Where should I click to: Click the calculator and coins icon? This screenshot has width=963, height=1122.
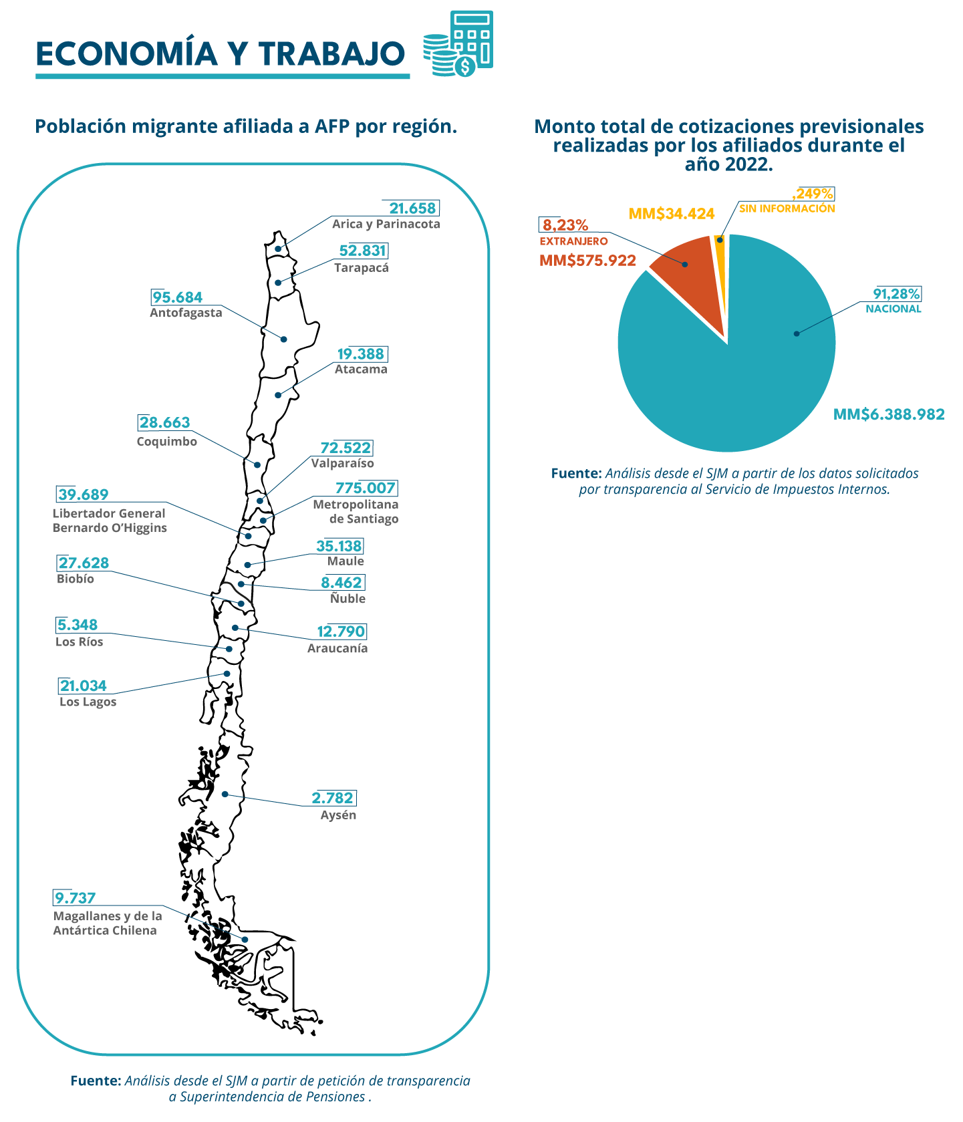(x=458, y=43)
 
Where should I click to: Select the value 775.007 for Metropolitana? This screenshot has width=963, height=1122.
(x=365, y=488)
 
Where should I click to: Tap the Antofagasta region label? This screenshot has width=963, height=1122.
(x=186, y=313)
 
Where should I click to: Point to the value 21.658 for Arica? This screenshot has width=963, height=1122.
(x=412, y=208)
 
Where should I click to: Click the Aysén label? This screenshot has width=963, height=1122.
(x=338, y=815)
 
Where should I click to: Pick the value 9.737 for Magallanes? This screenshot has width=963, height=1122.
(x=76, y=898)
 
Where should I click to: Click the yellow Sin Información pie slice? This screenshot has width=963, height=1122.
(x=720, y=267)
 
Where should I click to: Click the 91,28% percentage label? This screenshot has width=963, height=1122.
(x=896, y=294)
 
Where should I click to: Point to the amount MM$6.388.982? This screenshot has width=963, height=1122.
(x=889, y=414)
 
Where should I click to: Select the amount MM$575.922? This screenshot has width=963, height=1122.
(x=587, y=261)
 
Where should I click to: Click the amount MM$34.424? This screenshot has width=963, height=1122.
(x=672, y=214)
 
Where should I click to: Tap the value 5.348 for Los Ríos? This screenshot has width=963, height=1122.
(x=78, y=625)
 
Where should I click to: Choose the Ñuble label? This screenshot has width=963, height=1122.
(x=348, y=598)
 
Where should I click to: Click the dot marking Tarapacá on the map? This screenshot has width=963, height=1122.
(x=278, y=283)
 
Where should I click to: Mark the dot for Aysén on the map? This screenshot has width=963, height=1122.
(x=225, y=794)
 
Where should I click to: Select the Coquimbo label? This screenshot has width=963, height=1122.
(x=167, y=442)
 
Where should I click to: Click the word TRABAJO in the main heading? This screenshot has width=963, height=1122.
(x=332, y=54)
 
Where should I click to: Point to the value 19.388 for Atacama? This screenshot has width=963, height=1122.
(x=361, y=354)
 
